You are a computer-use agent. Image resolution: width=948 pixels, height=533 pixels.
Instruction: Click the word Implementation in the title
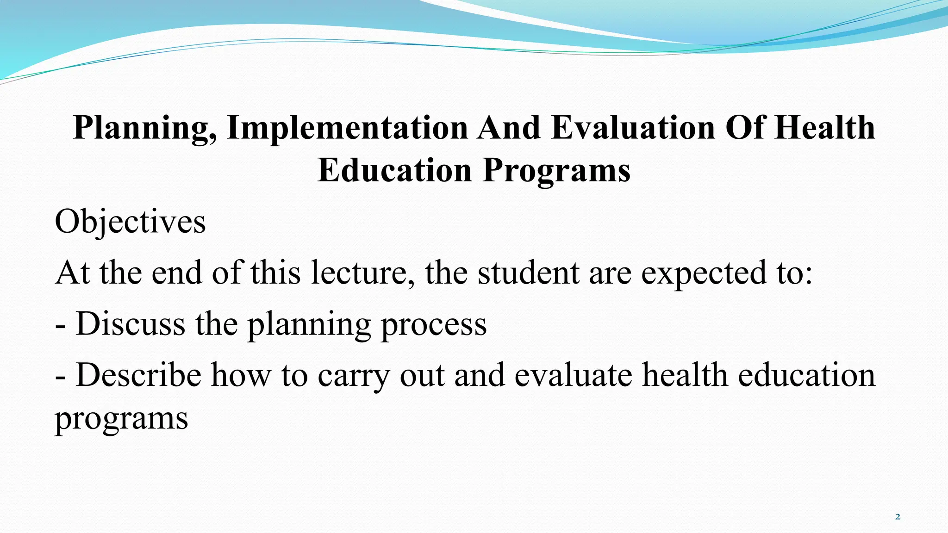347,128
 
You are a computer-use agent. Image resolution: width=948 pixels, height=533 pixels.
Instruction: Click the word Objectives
130,222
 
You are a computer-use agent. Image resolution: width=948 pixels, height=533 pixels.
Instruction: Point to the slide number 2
898,517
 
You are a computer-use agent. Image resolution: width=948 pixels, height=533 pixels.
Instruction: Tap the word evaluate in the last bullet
573,375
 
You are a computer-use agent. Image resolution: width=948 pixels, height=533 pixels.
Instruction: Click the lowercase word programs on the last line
121,420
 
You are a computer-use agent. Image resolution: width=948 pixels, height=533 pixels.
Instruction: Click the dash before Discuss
60,326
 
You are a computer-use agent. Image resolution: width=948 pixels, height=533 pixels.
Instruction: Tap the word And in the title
509,128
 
